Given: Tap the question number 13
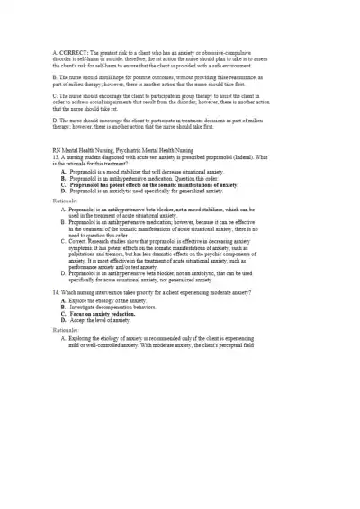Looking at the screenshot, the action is [x=58, y=157].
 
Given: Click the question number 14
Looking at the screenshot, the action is [x=58, y=292].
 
